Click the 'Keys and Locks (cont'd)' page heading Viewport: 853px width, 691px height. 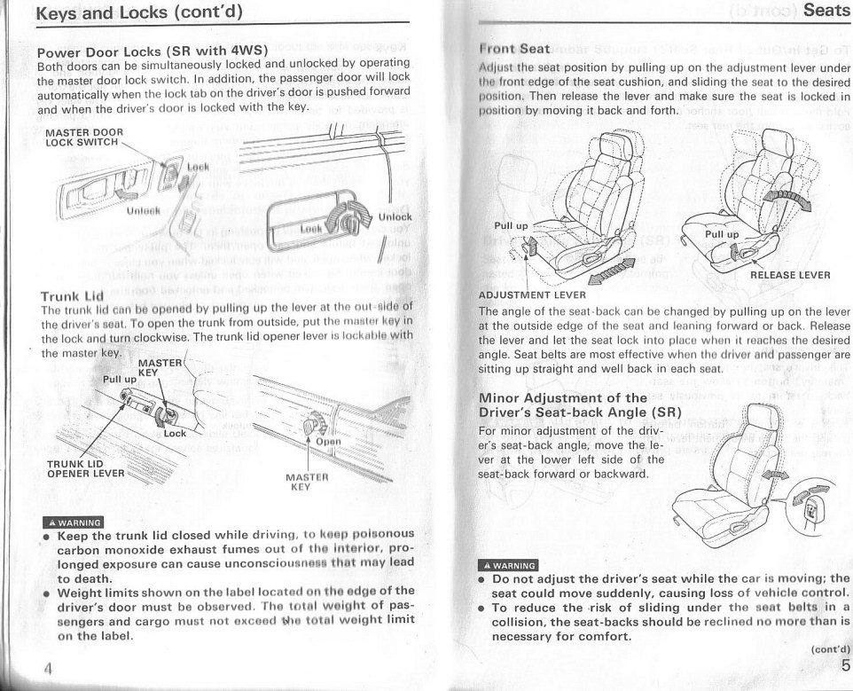138,13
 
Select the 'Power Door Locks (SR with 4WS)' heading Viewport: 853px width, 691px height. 152,51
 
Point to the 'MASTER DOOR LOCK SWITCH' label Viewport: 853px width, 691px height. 83,137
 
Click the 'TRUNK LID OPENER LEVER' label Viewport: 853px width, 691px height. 85,467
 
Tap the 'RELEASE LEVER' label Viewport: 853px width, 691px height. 790,275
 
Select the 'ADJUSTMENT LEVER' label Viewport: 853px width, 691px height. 532,294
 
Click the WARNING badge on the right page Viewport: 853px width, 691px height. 507,564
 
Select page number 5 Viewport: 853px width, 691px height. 845,664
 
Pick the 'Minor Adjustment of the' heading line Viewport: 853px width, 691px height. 562,397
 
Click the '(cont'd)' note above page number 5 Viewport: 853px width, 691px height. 830,648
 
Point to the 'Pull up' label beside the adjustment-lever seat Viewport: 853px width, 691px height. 510,226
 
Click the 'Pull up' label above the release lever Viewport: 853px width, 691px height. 721,234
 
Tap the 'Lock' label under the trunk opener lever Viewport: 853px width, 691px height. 175,433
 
